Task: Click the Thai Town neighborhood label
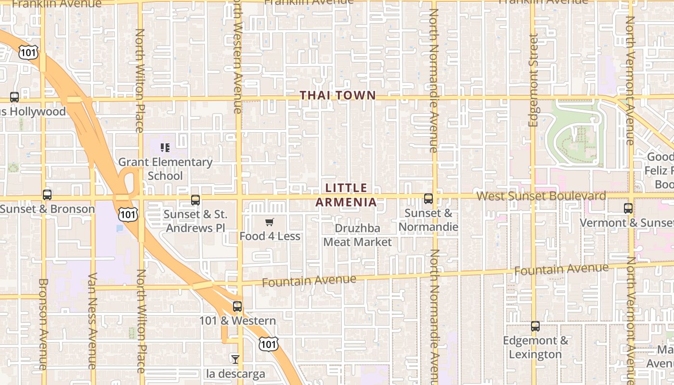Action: click(337, 95)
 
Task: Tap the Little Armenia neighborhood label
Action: click(346, 195)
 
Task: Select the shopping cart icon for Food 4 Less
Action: click(270, 222)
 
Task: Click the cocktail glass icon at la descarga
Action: click(235, 359)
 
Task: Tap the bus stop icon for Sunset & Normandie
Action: click(428, 198)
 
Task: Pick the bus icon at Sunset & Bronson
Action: click(47, 195)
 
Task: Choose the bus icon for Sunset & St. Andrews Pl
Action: click(195, 200)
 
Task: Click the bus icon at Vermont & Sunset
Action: click(628, 208)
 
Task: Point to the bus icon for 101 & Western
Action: click(237, 307)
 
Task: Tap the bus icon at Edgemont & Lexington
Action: click(535, 326)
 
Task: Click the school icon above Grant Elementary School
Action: click(165, 148)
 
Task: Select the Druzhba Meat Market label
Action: click(357, 235)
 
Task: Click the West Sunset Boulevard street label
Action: click(541, 196)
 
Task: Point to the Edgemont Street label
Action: click(533, 80)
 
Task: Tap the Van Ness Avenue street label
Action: click(93, 321)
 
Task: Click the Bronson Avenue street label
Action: click(43, 324)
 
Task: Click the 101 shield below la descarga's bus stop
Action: click(268, 344)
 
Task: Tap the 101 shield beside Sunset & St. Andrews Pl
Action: click(129, 214)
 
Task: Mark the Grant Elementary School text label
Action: click(165, 169)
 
